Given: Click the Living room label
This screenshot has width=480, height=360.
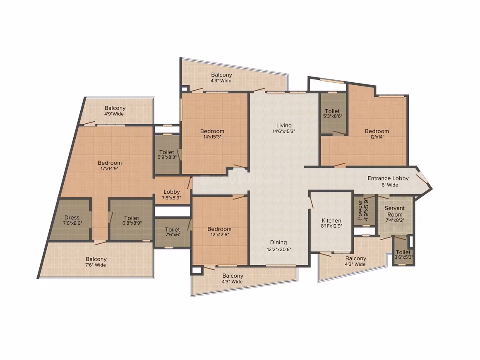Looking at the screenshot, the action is tap(284, 125).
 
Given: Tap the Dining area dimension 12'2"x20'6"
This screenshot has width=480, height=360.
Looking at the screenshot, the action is tap(279, 250).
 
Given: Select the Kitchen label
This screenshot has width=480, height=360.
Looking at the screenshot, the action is tap(331, 221).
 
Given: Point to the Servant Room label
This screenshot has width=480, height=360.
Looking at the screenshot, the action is tap(395, 211).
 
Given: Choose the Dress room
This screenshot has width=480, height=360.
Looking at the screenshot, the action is tap(72, 219).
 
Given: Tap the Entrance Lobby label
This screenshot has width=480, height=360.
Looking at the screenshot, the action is tap(388, 178).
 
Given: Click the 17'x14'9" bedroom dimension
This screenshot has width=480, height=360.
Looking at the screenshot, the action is tap(110, 168).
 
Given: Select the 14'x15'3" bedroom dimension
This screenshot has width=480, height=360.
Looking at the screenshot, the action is tap(212, 137).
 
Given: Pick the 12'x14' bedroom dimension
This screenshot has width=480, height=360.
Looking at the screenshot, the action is tap(377, 137).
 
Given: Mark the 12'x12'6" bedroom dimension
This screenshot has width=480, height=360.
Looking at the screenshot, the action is tap(219, 235).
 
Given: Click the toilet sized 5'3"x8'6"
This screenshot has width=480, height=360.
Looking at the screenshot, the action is tap(333, 113).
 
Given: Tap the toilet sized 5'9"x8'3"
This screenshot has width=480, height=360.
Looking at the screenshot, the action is tap(167, 155).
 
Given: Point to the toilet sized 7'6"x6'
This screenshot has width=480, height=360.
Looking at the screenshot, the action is tap(173, 232).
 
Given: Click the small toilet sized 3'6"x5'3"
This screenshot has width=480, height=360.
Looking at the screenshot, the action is tap(403, 254).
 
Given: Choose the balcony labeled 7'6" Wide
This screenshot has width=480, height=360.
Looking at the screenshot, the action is tap(96, 262).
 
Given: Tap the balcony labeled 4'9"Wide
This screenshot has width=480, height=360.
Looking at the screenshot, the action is tap(115, 111).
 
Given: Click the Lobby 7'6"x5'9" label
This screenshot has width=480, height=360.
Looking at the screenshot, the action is tap(171, 195).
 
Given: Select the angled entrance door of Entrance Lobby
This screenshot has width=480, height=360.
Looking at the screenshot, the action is tap(422, 182).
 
